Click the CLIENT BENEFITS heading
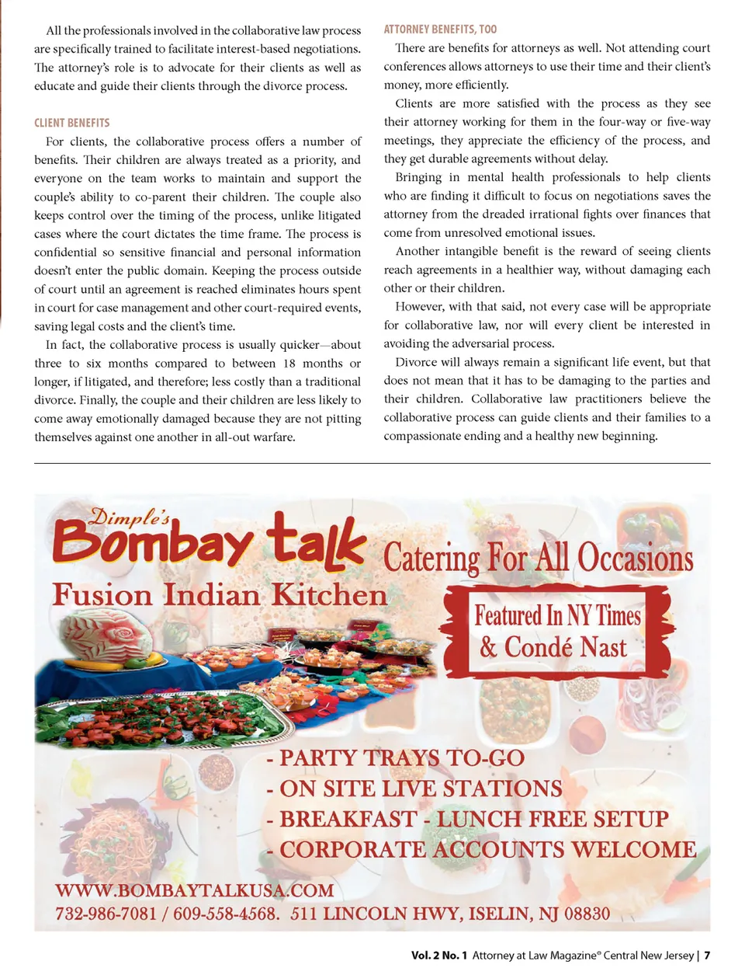pyautogui.click(x=71, y=123)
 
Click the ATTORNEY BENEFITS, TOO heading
pyautogui.click(x=440, y=30)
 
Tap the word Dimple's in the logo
pyautogui.click(x=130, y=517)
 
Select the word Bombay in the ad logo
pyautogui.click(x=152, y=542)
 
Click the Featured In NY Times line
pyautogui.click(x=557, y=616)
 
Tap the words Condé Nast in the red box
pyautogui.click(x=565, y=647)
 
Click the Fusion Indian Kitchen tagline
pyautogui.click(x=220, y=595)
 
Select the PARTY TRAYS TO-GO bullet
pyautogui.click(x=396, y=757)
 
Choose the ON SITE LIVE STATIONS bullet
pyautogui.click(x=414, y=789)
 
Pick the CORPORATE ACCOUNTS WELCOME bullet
pyautogui.click(x=481, y=849)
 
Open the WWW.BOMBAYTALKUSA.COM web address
pyautogui.click(x=194, y=890)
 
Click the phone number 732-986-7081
pyautogui.click(x=106, y=914)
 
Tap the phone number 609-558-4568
pyautogui.click(x=224, y=914)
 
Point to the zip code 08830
pyautogui.click(x=587, y=914)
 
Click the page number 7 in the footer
pyautogui.click(x=707, y=956)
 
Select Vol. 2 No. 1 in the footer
pyautogui.click(x=439, y=956)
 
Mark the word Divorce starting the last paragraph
pyautogui.click(x=416, y=362)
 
